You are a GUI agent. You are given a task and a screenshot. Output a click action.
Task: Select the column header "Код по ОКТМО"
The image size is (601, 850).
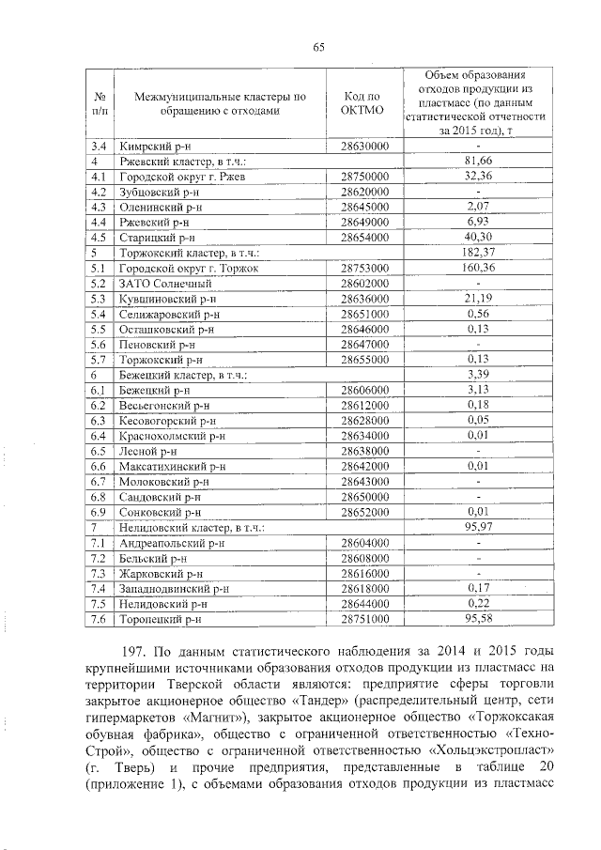(362, 103)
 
